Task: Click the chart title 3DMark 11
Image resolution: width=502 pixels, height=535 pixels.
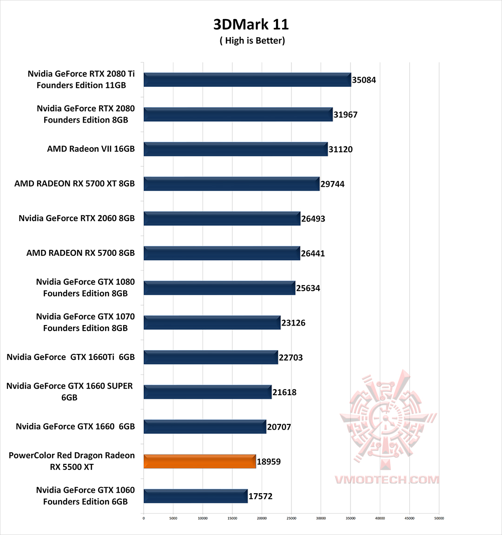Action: pyautogui.click(x=251, y=24)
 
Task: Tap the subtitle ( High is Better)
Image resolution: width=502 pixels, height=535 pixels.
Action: pyautogui.click(x=252, y=41)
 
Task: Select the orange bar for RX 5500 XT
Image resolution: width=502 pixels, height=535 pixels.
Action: pyautogui.click(x=199, y=462)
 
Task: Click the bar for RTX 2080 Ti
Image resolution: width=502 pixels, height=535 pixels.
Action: pyautogui.click(x=247, y=80)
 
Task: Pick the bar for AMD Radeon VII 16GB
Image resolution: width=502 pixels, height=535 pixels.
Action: pyautogui.click(x=235, y=149)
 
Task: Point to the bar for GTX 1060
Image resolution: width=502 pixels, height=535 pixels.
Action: pyautogui.click(x=195, y=496)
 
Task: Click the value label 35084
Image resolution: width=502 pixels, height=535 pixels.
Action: pyautogui.click(x=364, y=80)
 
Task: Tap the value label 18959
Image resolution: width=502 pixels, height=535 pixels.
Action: pyautogui.click(x=269, y=462)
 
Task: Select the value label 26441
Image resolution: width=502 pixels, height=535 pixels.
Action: pyautogui.click(x=313, y=254)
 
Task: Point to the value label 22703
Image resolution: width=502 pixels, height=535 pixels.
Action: pyautogui.click(x=291, y=358)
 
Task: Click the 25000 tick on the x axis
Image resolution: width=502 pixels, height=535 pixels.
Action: pyautogui.click(x=291, y=518)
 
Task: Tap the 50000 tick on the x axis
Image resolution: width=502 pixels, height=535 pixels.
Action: pyautogui.click(x=439, y=518)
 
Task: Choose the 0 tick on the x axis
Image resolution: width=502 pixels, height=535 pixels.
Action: pyautogui.click(x=144, y=518)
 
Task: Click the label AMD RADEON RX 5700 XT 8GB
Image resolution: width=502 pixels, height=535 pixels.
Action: pyautogui.click(x=74, y=184)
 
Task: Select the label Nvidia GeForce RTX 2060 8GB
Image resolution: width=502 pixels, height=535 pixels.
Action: pyautogui.click(x=77, y=218)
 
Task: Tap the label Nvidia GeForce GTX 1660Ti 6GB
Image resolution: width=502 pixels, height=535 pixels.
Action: pyautogui.click(x=71, y=357)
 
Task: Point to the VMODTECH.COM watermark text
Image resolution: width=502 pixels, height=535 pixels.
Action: pyautogui.click(x=387, y=480)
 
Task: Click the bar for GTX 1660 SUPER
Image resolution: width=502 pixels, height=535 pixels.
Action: pyautogui.click(x=207, y=392)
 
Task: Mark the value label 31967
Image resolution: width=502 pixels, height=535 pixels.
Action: pyautogui.click(x=345, y=115)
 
